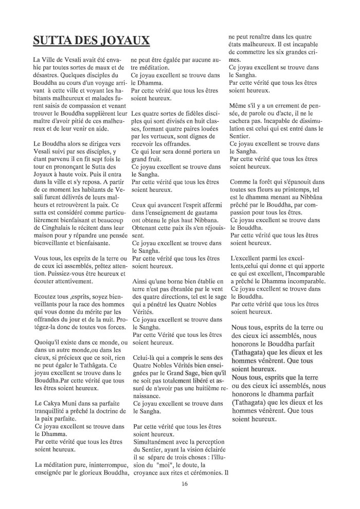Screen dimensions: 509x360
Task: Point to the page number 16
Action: pos(185,484)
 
